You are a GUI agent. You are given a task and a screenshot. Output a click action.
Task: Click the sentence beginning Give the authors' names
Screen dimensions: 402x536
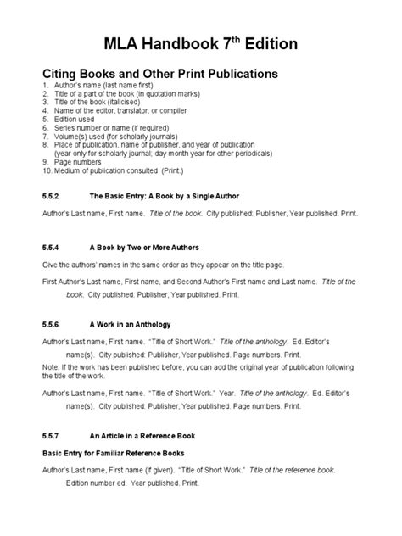161,265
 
